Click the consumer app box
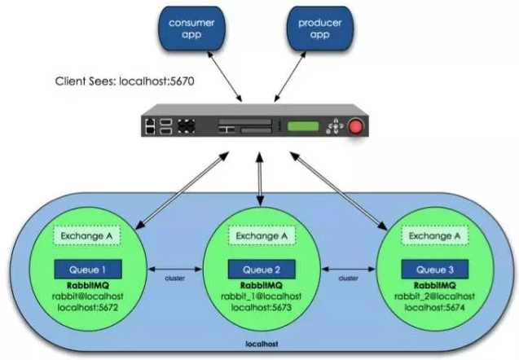click(191, 29)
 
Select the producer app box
click(319, 29)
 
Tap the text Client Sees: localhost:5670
click(125, 81)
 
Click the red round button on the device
click(356, 127)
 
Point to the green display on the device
click(303, 126)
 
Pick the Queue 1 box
click(88, 270)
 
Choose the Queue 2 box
click(262, 270)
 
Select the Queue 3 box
click(435, 270)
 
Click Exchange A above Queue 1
click(86, 236)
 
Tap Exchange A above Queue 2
click(262, 236)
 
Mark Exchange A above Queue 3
click(434, 236)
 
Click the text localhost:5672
click(88, 308)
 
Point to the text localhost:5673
click(262, 308)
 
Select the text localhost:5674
click(434, 308)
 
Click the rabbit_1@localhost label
click(262, 296)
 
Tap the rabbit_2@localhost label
click(434, 296)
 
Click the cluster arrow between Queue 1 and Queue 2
click(174, 270)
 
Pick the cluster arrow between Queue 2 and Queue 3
click(349, 270)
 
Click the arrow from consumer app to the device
click(225, 77)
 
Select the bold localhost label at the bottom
click(262, 344)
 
